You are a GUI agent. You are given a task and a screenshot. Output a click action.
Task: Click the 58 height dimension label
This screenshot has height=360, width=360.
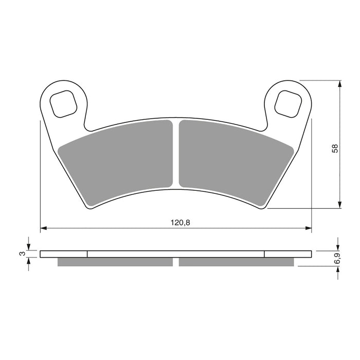click(x=335, y=149)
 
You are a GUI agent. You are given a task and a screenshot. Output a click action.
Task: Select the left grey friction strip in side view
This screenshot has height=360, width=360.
click(x=115, y=262)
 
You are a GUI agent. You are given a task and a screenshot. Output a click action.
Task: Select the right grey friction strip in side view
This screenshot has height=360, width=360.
click(x=237, y=262)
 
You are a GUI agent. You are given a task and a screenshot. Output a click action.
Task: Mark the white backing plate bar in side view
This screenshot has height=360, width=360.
click(x=176, y=254)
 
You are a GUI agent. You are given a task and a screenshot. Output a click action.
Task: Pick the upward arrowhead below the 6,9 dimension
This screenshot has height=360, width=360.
click(x=337, y=269)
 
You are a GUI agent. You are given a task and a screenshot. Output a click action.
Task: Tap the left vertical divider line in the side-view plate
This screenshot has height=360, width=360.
click(x=88, y=254)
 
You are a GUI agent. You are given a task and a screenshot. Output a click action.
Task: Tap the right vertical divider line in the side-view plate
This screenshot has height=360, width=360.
click(x=264, y=254)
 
